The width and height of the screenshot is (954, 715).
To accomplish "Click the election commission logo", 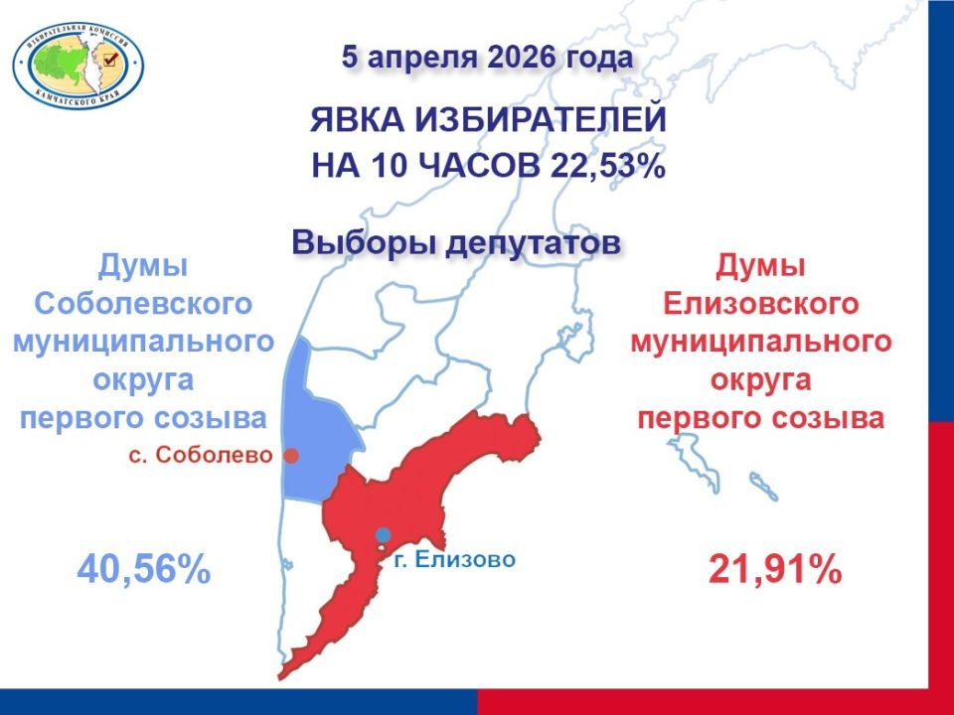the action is click(x=79, y=66).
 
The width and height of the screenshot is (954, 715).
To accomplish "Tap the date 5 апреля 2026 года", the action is click(x=487, y=58).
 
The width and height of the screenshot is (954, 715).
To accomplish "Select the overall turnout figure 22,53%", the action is click(x=608, y=166).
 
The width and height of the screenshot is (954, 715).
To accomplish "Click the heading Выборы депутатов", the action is click(x=456, y=242).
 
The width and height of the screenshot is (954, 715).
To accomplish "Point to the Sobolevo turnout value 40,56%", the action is click(x=144, y=570).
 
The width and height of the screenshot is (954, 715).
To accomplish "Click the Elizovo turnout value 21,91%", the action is click(x=775, y=570).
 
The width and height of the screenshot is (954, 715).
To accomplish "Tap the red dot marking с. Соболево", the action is click(x=292, y=456).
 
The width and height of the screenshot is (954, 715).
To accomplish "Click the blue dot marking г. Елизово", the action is click(x=383, y=535).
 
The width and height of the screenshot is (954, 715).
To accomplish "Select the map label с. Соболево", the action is click(x=201, y=455).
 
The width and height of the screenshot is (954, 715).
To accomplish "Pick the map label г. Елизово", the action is click(x=454, y=559).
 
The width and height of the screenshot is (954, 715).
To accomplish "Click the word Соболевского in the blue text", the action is click(x=143, y=304).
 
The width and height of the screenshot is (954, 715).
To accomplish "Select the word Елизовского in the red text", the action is click(x=761, y=304).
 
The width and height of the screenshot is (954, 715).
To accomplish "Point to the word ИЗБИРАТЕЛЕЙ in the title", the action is click(x=542, y=120).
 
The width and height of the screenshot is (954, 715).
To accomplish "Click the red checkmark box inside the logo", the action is click(x=110, y=59).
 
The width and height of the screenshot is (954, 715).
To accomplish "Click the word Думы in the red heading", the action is click(x=760, y=267).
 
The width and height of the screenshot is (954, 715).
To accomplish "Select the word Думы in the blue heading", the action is click(x=143, y=267).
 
